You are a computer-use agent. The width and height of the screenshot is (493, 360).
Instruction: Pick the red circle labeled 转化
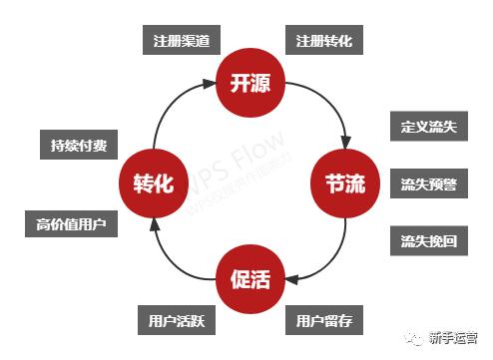[153, 184]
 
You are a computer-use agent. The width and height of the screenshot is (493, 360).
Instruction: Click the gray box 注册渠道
[180, 42]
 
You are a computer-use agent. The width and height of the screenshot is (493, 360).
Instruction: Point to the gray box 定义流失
[428, 129]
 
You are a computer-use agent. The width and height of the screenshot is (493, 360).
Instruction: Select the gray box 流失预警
[428, 184]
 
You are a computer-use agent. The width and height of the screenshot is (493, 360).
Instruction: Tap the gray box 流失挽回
[428, 241]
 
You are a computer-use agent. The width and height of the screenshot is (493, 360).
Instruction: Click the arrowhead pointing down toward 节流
[345, 140]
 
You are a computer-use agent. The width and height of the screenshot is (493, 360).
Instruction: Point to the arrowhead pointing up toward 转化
[153, 225]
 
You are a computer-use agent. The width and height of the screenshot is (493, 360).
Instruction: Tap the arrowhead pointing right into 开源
[209, 84]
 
